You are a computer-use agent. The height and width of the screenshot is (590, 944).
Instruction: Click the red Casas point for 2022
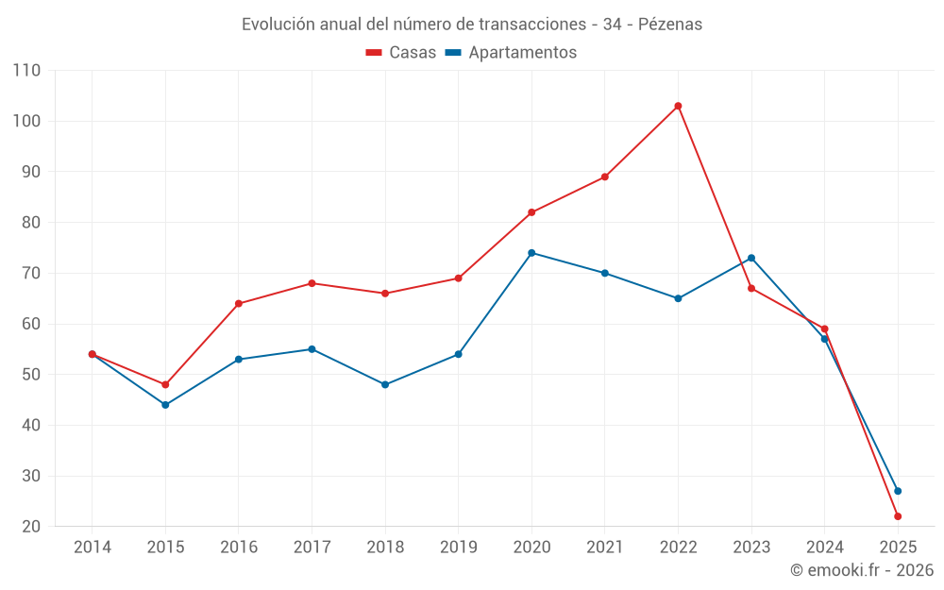pos(678,106)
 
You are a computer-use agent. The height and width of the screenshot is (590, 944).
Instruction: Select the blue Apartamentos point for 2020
pos(531,253)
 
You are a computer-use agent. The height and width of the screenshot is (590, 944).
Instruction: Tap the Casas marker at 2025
pos(898,516)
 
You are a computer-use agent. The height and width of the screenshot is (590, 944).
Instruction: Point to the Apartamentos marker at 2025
pos(898,491)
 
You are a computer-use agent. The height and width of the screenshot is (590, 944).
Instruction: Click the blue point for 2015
pos(165,405)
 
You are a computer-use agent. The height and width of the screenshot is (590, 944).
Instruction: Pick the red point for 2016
pos(239,303)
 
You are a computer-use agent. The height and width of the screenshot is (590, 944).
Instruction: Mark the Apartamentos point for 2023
pos(751,258)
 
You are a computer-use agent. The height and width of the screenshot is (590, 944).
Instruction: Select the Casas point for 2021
pos(605,177)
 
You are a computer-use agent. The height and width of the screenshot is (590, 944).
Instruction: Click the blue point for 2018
pos(385,384)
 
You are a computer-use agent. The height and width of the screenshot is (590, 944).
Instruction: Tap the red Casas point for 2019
pos(459,278)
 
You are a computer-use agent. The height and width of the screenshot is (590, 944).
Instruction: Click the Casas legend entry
pos(401,53)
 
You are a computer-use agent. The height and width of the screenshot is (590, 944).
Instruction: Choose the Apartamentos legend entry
pos(511,53)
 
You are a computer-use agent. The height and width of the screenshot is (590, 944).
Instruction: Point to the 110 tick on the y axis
pos(27,71)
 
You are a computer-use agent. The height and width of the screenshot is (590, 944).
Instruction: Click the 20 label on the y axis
pos(31,527)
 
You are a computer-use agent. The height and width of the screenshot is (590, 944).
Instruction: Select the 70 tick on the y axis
pos(31,274)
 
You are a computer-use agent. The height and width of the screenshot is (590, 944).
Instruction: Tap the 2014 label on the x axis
pos(93,548)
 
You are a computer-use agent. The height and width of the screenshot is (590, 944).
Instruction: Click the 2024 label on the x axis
pos(825,548)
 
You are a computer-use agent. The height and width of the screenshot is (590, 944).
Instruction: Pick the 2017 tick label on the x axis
pos(312,548)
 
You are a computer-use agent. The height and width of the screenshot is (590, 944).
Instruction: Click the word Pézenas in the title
pos(670,25)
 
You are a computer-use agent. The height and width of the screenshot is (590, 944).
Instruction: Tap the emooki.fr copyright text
pos(862,570)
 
